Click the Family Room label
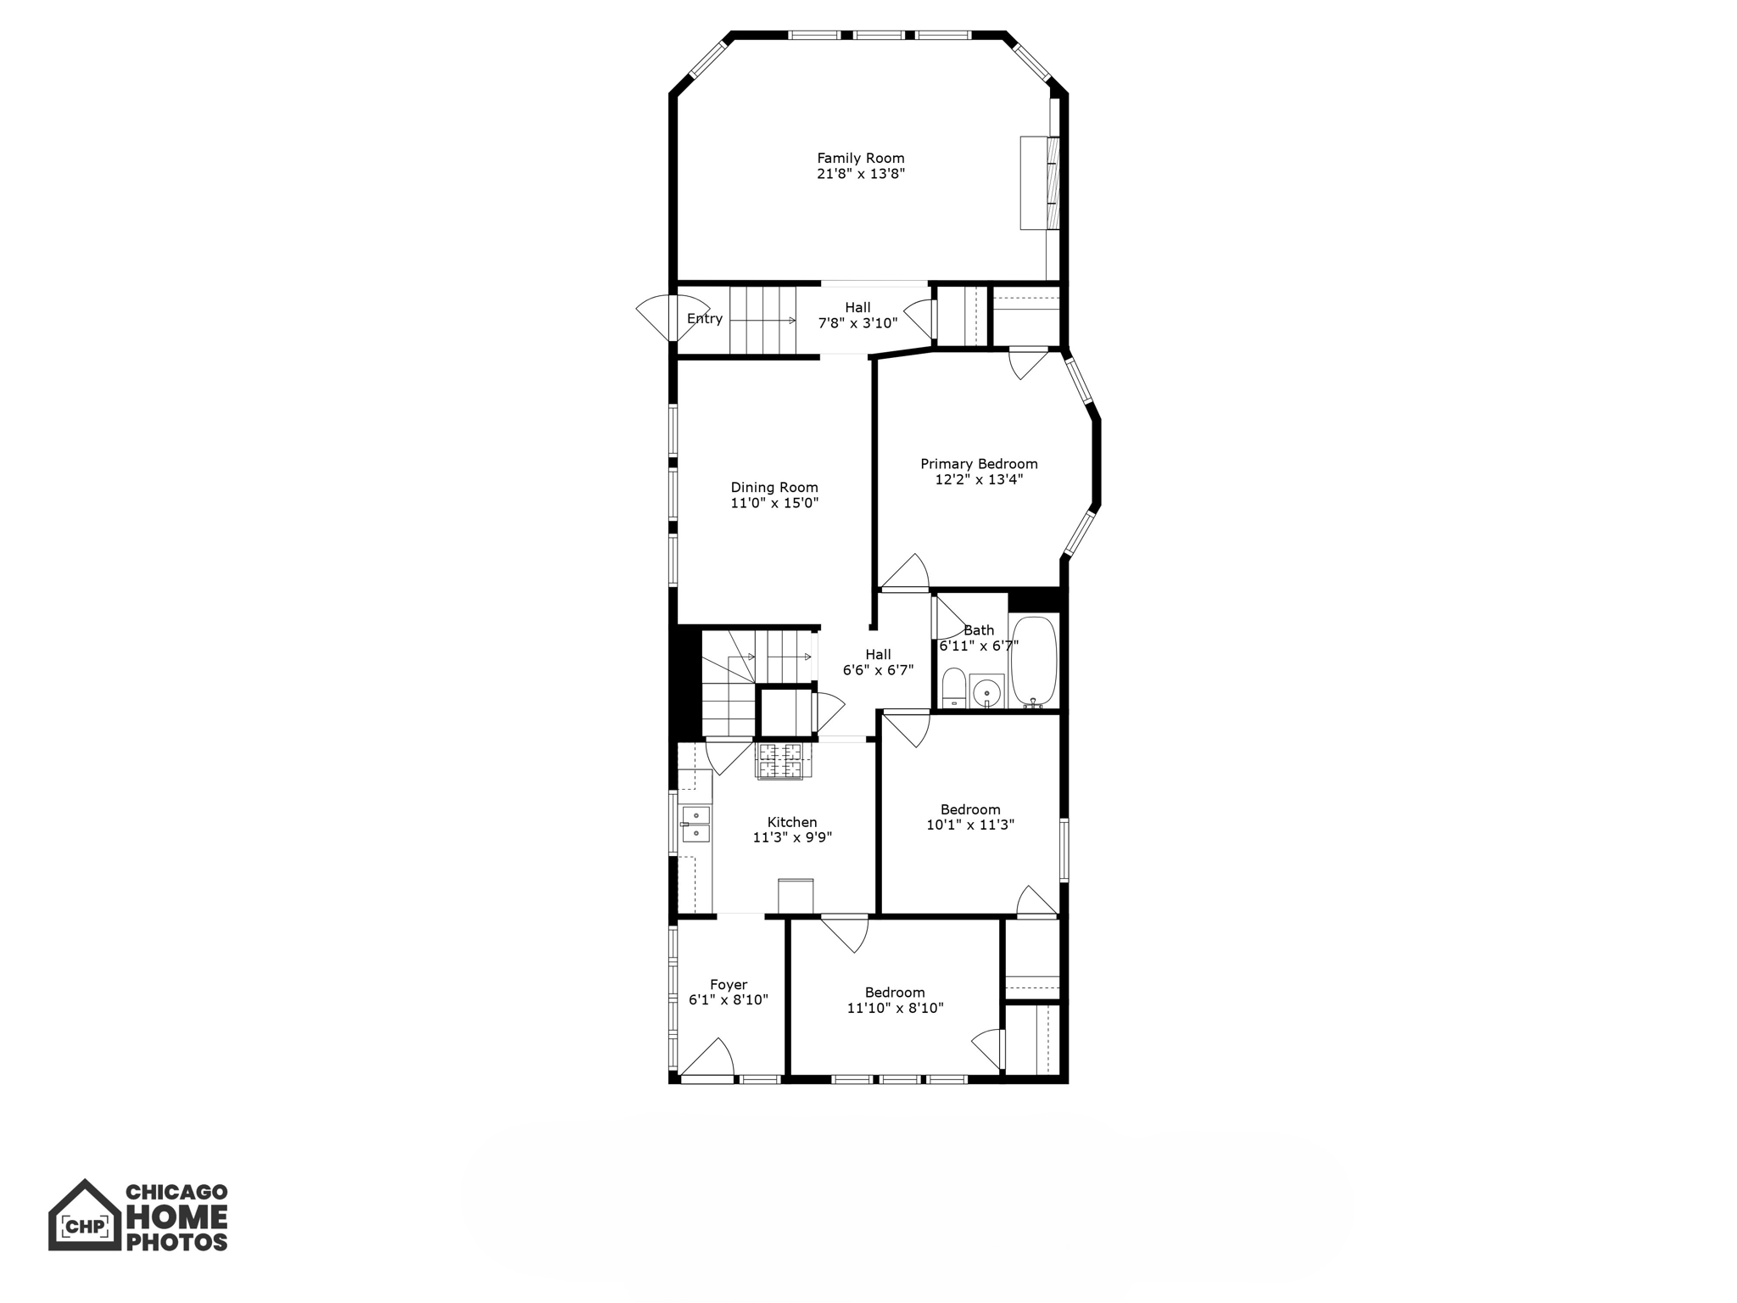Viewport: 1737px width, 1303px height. pos(860,158)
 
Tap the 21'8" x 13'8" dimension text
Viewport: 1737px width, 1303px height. pos(860,174)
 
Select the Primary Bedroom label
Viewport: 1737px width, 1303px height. pos(979,464)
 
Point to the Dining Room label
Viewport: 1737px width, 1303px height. pos(774,487)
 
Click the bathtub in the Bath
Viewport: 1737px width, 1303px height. pos(1033,662)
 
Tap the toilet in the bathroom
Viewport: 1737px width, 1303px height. pos(954,688)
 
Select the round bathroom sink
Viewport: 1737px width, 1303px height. pos(986,692)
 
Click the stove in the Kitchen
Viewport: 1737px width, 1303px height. pos(779,760)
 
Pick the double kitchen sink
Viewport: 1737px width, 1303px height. pos(695,824)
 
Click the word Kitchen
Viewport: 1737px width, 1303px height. pos(792,822)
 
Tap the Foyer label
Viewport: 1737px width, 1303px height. pos(729,985)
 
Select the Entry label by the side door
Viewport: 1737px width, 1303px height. pos(705,319)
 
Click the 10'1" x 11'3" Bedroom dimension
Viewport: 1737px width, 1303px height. pos(970,825)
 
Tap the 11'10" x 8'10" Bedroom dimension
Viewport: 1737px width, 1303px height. pos(895,1008)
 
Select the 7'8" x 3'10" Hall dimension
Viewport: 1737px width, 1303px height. pos(857,323)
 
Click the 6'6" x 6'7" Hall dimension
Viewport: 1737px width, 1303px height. pos(878,670)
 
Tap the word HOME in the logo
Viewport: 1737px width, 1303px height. pos(176,1218)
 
